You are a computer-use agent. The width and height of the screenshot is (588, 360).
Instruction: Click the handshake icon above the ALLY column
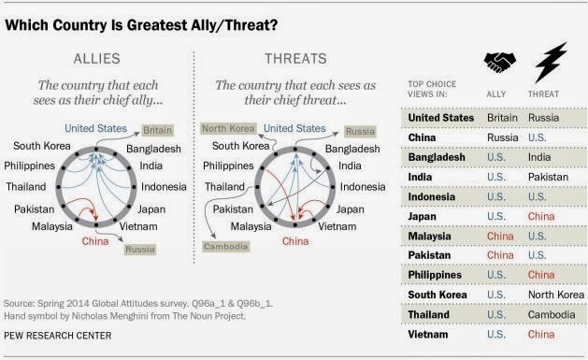(499, 62)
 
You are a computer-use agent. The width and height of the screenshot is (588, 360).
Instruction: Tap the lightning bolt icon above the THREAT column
(551, 62)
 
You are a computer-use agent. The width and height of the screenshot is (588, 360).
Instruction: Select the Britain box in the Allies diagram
(157, 130)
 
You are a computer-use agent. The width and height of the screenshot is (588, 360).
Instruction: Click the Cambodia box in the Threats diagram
(225, 246)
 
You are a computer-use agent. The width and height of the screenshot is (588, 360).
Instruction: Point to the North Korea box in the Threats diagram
(229, 129)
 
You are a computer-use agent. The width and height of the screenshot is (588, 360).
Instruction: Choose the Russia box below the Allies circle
(140, 250)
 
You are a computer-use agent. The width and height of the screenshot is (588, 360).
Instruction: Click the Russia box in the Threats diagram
(360, 131)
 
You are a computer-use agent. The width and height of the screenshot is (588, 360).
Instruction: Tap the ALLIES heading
(96, 59)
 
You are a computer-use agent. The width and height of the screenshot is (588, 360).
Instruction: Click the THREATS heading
(296, 59)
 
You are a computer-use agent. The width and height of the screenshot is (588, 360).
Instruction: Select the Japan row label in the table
(422, 216)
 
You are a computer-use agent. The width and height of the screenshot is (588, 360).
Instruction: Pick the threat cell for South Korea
(556, 295)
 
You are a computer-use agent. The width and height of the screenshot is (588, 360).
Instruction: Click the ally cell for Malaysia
(500, 237)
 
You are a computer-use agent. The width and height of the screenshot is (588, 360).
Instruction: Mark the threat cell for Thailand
(552, 314)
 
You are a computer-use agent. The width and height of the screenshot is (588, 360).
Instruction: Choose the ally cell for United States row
(502, 118)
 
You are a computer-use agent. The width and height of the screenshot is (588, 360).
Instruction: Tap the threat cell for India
(548, 177)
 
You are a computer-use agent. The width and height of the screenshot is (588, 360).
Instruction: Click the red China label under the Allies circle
(95, 241)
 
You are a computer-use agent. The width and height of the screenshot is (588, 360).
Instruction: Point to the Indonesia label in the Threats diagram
(363, 187)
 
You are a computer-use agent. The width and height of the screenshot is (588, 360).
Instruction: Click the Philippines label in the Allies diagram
(30, 166)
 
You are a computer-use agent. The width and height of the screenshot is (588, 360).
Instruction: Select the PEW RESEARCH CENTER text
(58, 336)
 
